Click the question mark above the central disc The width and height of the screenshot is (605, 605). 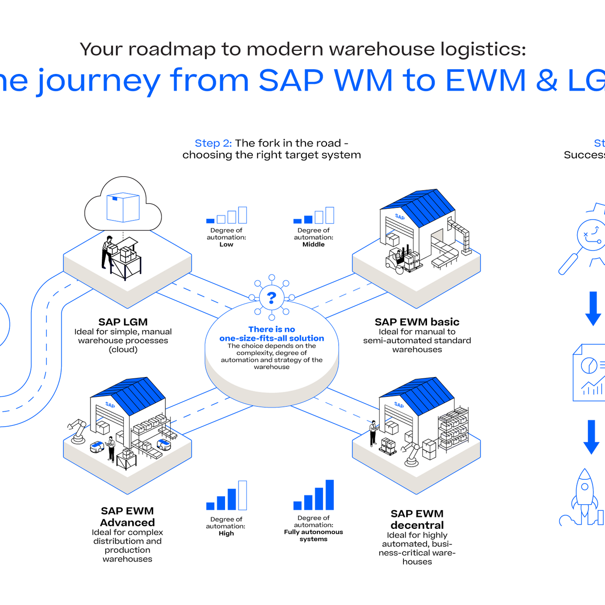(x=272, y=298)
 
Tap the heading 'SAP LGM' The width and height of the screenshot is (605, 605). (x=123, y=322)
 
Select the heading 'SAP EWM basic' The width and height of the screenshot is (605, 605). (x=417, y=322)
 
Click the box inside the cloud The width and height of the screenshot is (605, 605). (x=123, y=207)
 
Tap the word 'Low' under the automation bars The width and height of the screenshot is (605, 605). (x=226, y=244)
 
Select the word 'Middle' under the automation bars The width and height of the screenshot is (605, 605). (x=313, y=244)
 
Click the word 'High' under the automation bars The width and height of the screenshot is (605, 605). (x=226, y=533)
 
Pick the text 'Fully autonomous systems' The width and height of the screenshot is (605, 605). (x=313, y=535)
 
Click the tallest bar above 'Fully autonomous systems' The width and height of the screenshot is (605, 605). (x=329, y=495)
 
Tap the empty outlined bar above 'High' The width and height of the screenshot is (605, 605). (x=242, y=495)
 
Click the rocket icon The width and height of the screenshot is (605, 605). (x=585, y=494)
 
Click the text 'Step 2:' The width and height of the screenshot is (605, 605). (x=213, y=143)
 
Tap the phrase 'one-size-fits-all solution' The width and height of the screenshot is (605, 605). (x=272, y=338)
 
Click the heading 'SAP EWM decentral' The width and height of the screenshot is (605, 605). (x=417, y=519)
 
